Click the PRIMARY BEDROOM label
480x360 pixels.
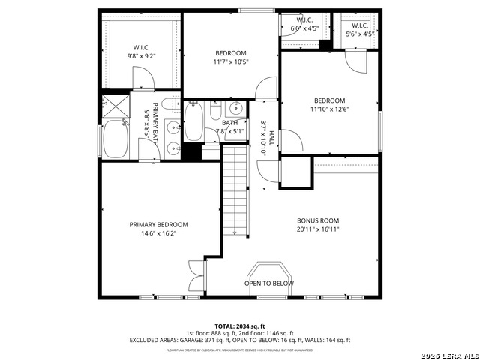[x=158, y=224]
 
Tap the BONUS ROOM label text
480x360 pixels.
[x=318, y=220]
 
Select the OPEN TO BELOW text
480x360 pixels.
[x=268, y=283]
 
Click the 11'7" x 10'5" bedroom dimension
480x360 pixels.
[x=230, y=62]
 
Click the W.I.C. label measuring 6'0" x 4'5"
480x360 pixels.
[x=304, y=19]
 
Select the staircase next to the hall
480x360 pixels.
[x=235, y=191]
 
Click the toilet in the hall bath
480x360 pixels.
[x=215, y=112]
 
